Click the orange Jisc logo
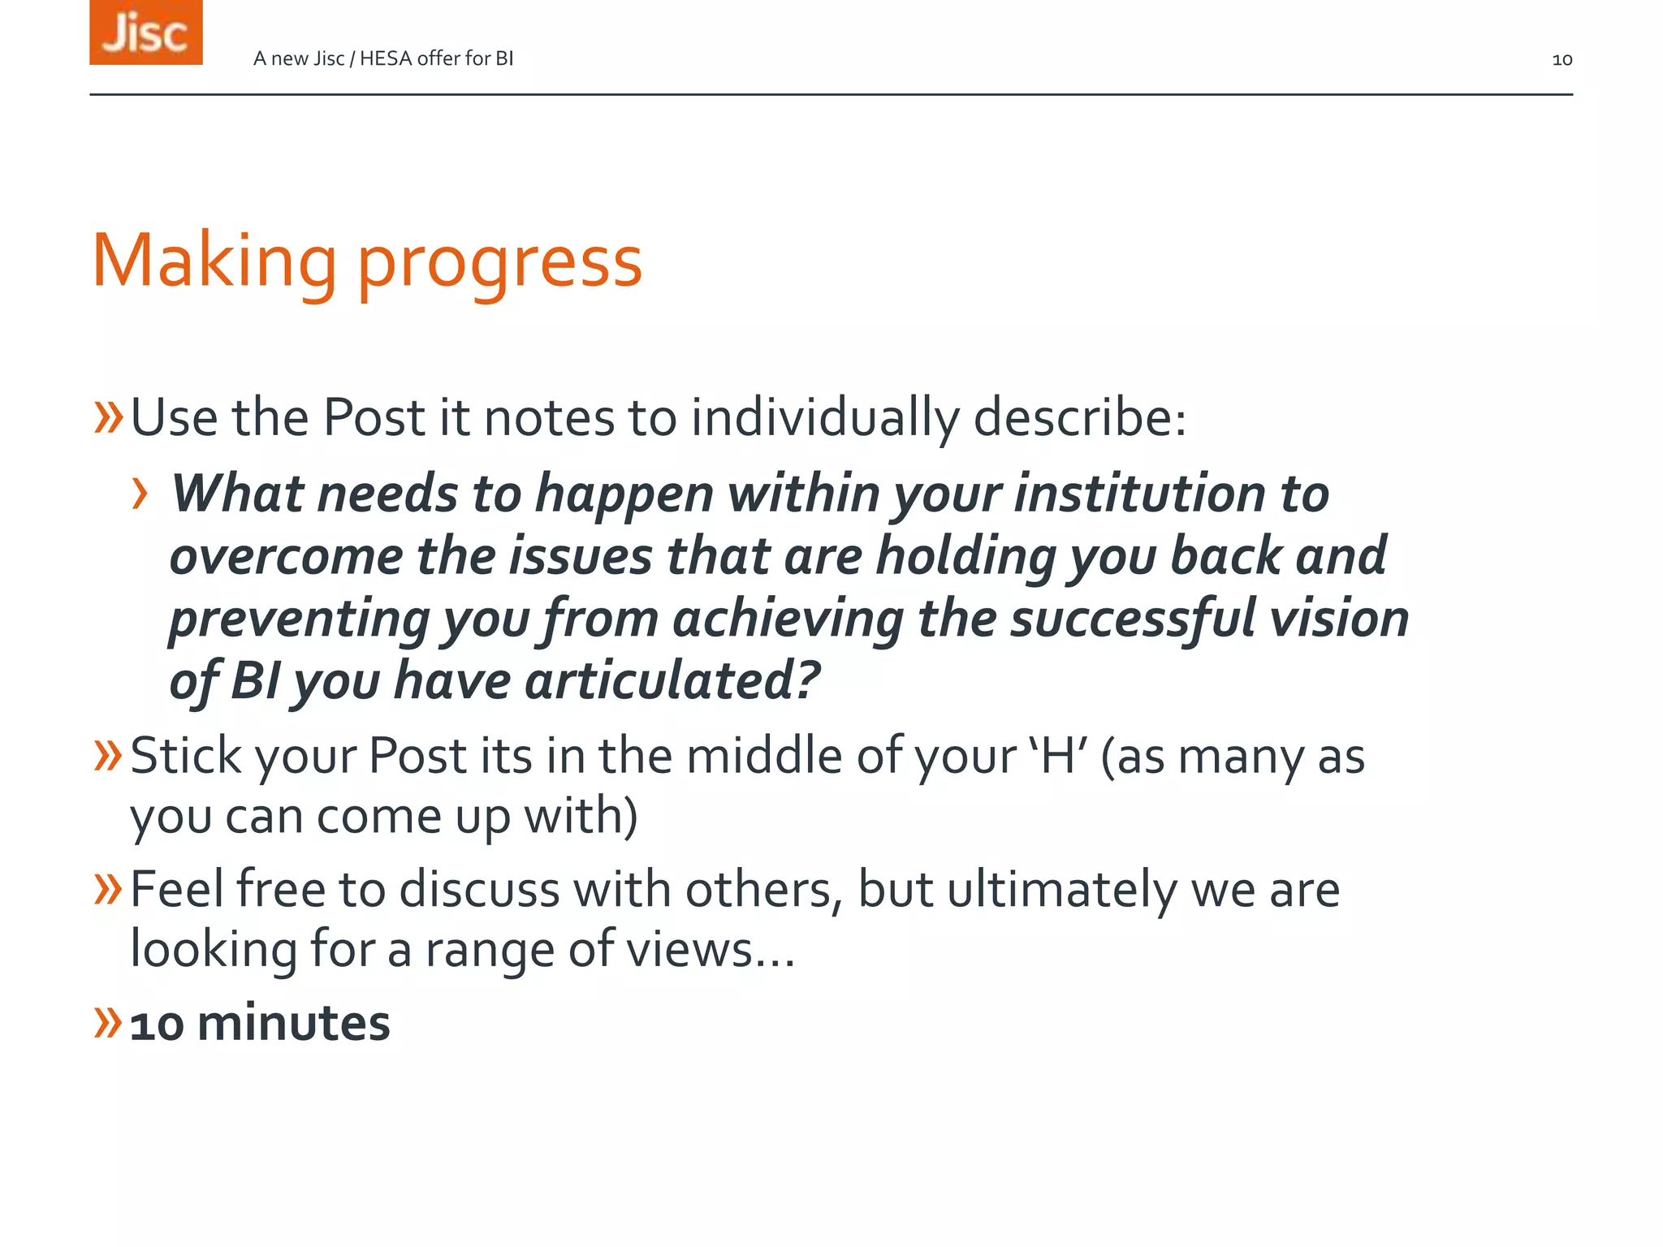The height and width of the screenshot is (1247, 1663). click(x=146, y=32)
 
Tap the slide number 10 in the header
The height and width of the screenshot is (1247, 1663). click(x=1561, y=59)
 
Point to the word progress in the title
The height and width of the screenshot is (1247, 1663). click(x=499, y=263)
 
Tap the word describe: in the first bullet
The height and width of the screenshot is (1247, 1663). click(x=1079, y=418)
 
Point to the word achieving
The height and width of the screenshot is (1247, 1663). click(x=788, y=619)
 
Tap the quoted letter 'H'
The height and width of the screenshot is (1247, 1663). click(x=1057, y=756)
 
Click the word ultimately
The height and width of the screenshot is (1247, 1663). click(x=1061, y=890)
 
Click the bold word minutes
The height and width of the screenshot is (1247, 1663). click(x=293, y=1023)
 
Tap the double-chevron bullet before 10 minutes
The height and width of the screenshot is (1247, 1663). click(x=107, y=1022)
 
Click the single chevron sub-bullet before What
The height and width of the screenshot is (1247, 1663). click(x=140, y=494)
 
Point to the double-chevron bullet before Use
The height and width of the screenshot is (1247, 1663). click(x=107, y=417)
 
